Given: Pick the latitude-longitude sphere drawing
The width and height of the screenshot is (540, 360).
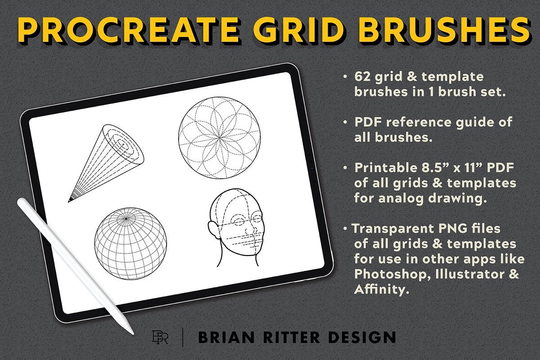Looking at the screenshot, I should pyautogui.click(x=130, y=241).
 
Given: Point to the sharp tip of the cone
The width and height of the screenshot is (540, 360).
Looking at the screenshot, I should pyautogui.click(x=69, y=201).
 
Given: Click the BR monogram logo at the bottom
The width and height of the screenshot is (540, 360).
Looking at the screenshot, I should pyautogui.click(x=160, y=337).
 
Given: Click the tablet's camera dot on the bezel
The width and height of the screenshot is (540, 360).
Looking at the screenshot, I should pyautogui.click(x=312, y=170).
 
